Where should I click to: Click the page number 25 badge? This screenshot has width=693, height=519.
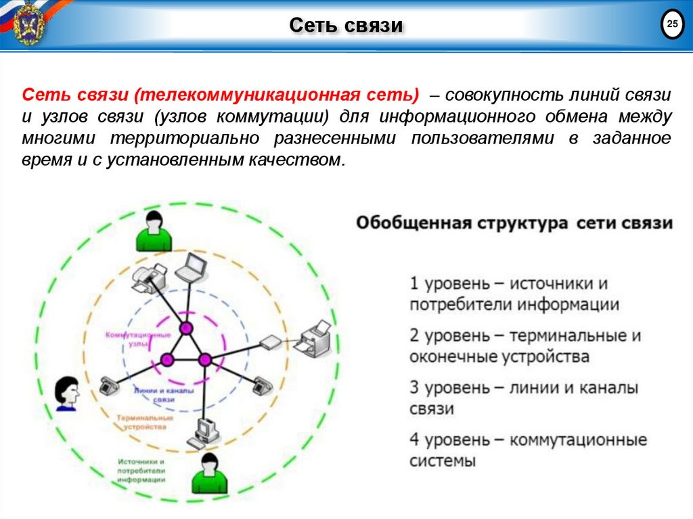671,26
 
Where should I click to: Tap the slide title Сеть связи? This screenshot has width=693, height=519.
346,26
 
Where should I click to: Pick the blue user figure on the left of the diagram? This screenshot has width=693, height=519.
67,393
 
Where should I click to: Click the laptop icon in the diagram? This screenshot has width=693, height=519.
189,267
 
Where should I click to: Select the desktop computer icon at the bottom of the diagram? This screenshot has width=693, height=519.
204,432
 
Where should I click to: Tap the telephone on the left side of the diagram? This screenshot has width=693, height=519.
108,386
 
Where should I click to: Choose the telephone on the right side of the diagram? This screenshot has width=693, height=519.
261,385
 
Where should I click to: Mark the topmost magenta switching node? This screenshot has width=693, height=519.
185,329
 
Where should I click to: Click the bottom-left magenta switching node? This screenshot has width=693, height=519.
166,359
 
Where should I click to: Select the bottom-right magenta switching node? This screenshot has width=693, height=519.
204,359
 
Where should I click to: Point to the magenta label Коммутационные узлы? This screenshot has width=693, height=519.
138,339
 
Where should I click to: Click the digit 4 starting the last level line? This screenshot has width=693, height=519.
415,440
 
